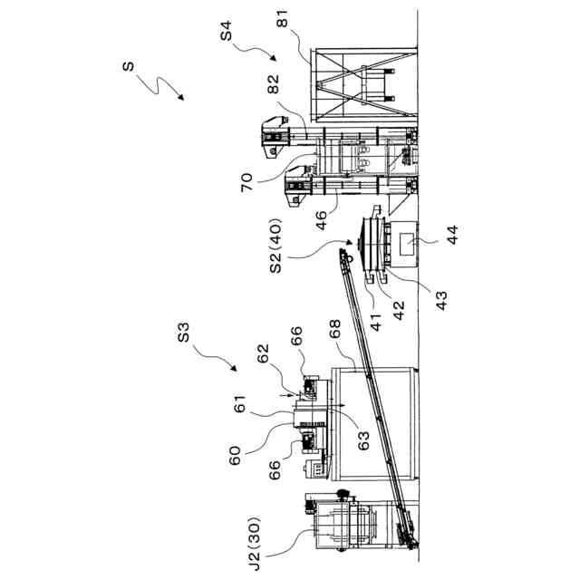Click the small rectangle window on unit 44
[406, 241]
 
